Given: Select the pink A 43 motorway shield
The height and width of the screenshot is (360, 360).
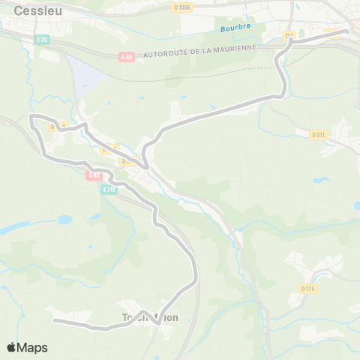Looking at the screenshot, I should [127, 56].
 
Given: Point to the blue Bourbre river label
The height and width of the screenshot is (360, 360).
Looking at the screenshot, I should [234, 28].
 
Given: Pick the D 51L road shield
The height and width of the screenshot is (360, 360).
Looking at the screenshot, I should [319, 135].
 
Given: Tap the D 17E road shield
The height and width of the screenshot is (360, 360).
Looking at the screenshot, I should [308, 289].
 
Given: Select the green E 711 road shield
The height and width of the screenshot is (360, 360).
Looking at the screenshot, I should [109, 190].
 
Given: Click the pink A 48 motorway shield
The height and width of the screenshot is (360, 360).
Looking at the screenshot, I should [94, 175].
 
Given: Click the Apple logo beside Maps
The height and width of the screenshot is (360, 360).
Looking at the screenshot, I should [11, 347].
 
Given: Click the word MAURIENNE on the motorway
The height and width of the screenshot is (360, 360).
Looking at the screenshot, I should [232, 46].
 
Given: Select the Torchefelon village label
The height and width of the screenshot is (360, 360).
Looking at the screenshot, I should [150, 317].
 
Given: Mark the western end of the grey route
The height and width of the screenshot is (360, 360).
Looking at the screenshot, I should [54, 320].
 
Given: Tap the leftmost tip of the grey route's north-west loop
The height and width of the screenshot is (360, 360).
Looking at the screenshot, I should [30, 117].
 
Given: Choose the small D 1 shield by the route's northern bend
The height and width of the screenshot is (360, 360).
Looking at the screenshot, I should [289, 35].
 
